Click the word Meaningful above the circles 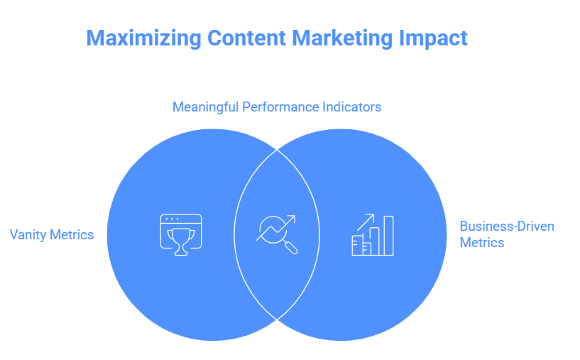(205, 107)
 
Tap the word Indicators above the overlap (350, 107)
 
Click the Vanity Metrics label (52, 234)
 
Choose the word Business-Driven (507, 227)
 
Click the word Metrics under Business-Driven (481, 243)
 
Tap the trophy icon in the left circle (180, 234)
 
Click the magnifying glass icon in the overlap (277, 234)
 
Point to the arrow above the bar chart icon (366, 222)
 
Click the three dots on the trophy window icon (171, 220)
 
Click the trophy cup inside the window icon (180, 239)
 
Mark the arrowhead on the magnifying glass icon (292, 219)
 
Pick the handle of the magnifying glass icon (292, 248)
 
